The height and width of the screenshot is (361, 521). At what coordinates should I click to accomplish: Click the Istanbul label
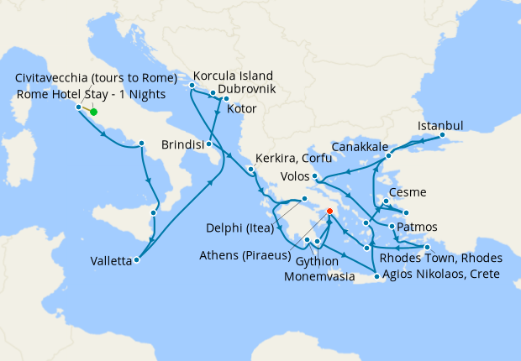click(440, 126)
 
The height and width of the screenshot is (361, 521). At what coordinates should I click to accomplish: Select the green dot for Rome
click(93, 112)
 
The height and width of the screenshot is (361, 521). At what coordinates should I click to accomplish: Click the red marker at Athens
click(329, 212)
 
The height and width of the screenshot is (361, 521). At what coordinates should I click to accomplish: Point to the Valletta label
click(111, 261)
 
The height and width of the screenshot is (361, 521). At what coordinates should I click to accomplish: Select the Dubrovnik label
click(248, 87)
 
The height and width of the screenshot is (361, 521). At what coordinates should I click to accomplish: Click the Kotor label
click(242, 109)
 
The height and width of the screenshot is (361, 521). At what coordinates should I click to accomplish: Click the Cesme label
click(408, 192)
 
